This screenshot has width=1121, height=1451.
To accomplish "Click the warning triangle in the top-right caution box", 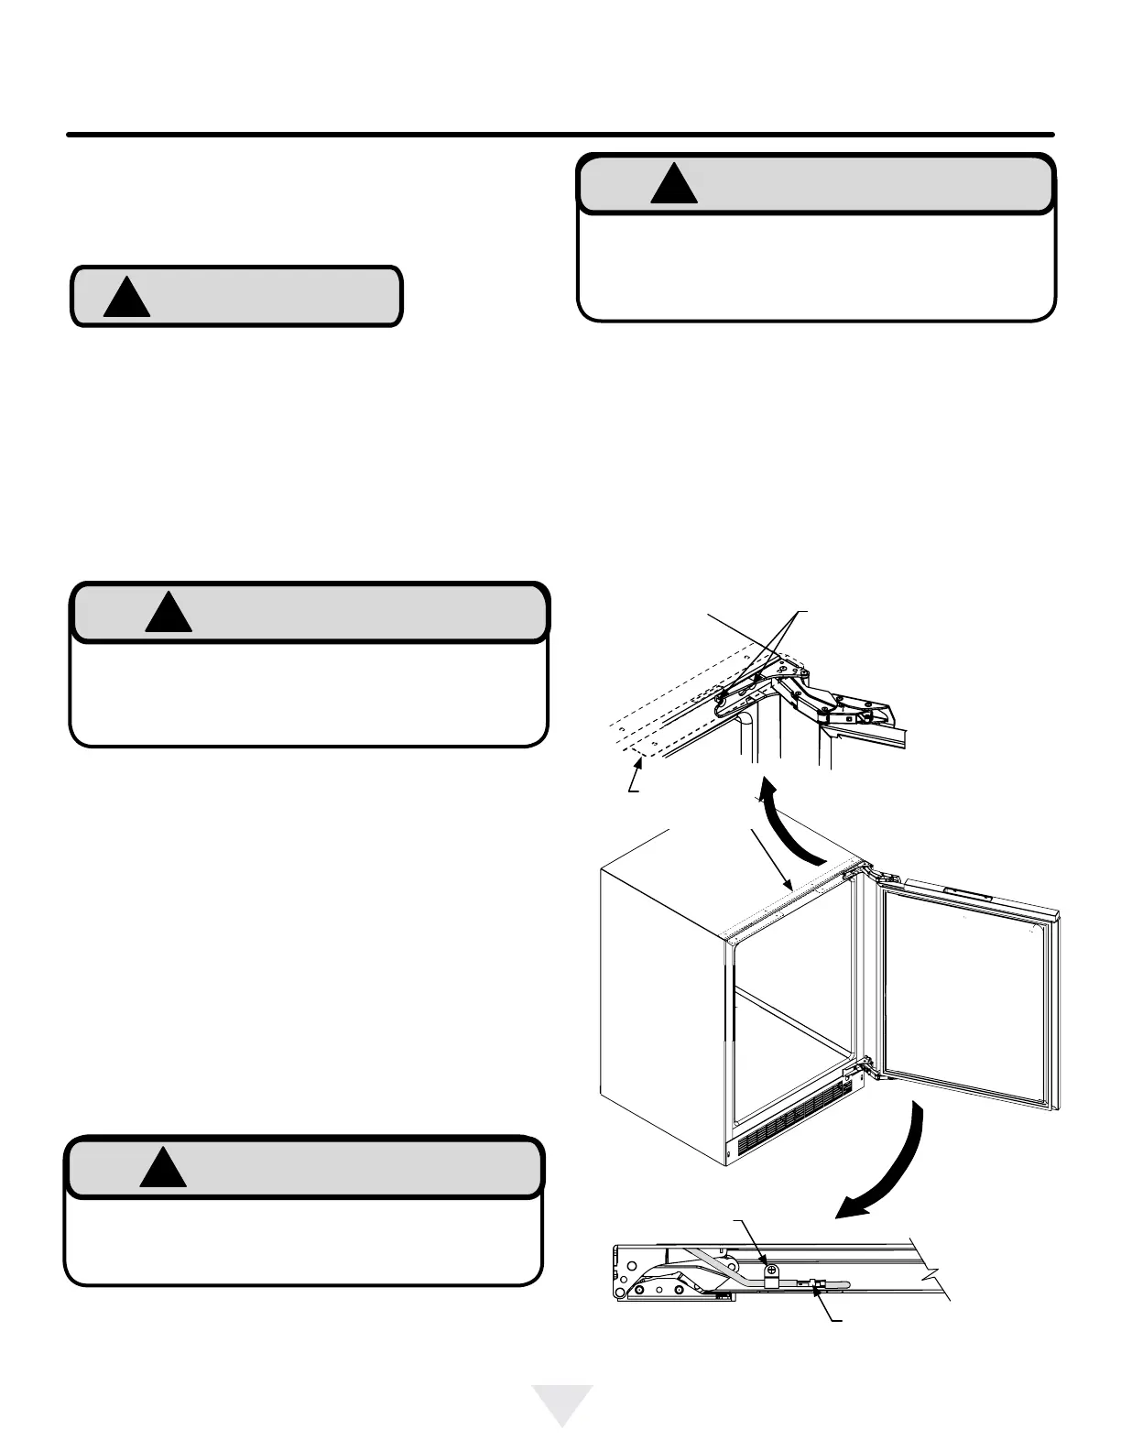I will coord(674,185).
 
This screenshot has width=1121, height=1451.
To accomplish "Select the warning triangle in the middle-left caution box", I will coord(169,614).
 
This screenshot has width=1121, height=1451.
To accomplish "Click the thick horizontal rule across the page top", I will coord(560,135).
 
